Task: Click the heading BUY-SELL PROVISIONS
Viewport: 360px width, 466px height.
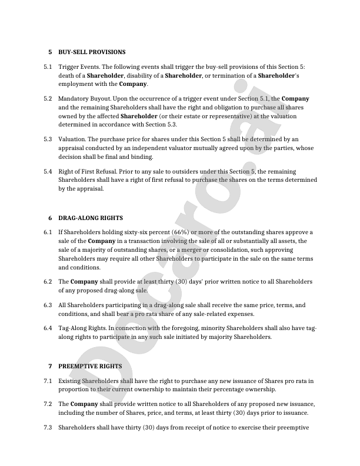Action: tap(91, 52)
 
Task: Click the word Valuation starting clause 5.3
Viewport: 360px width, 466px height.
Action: tap(72, 139)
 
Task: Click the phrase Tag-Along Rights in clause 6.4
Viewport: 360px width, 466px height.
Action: tap(83, 328)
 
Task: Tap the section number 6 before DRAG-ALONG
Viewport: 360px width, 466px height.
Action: tap(50, 218)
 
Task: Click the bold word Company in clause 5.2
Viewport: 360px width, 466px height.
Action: tap(295, 98)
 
